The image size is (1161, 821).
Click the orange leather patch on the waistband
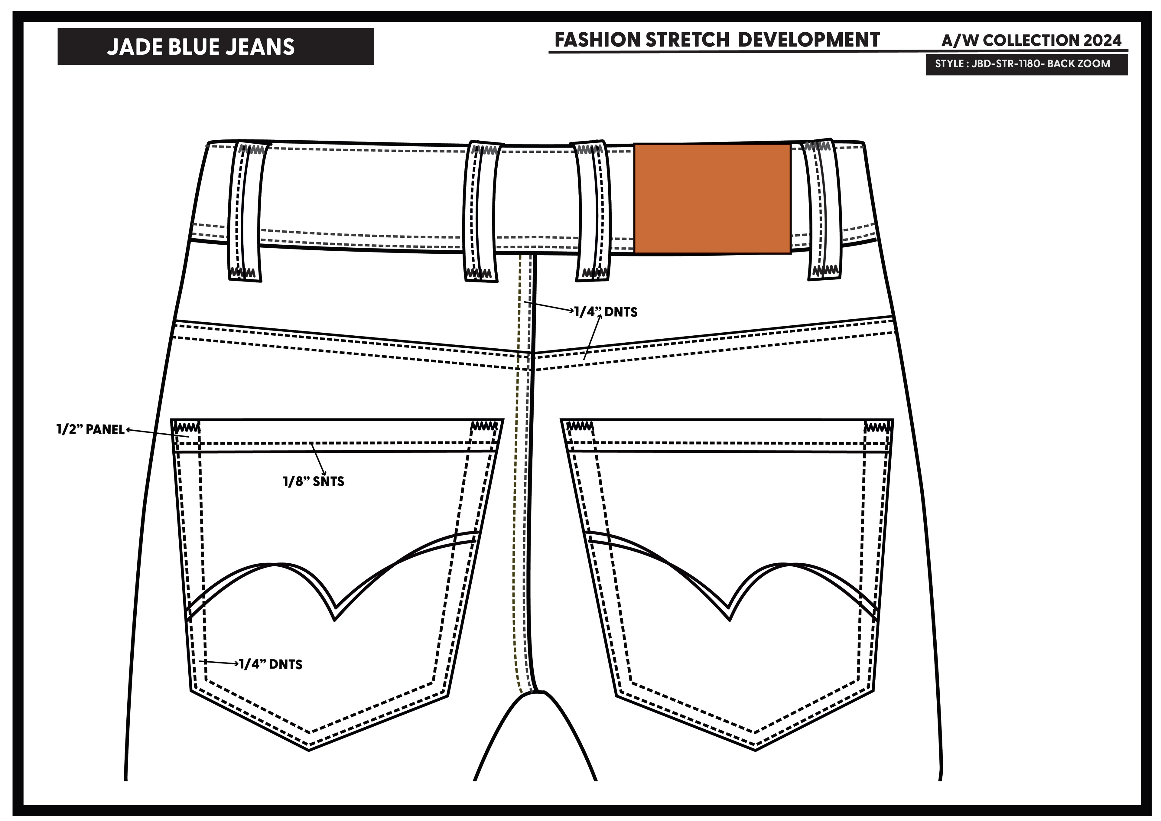(712, 198)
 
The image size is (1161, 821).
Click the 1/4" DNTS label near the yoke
(606, 312)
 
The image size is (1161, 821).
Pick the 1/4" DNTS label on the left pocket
(271, 664)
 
